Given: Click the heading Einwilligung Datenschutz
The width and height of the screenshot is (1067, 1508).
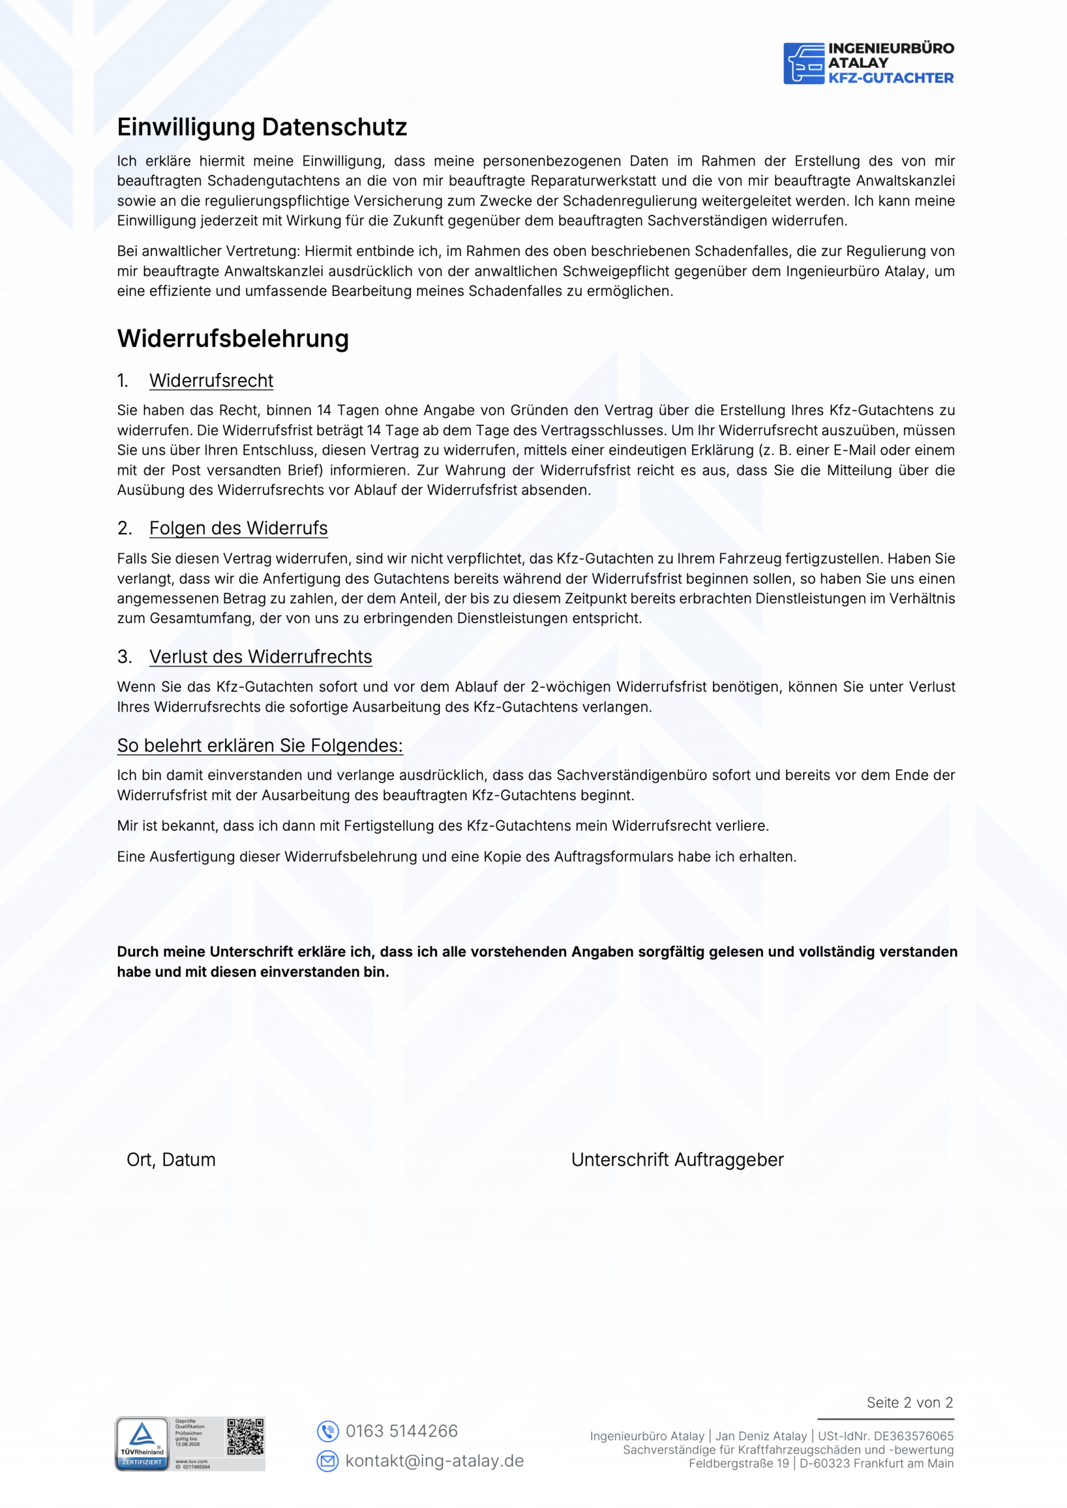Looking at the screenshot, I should coord(262,127).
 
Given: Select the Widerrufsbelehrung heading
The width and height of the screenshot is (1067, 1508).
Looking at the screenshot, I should coord(233,338).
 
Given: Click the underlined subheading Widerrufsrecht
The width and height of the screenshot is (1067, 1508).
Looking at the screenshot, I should coord(211,381).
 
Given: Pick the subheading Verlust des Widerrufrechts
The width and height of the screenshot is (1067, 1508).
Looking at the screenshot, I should coord(260,657).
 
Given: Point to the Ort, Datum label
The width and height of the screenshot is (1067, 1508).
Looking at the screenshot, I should coord(171,1160).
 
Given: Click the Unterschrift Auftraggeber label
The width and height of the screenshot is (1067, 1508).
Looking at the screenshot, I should coord(678,1160).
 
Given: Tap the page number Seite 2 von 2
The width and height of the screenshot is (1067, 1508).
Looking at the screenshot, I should coord(909,1403).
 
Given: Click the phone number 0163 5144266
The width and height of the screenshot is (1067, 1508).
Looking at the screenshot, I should coord(401,1431).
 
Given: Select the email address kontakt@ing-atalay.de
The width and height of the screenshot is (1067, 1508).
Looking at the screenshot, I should coord(434,1461).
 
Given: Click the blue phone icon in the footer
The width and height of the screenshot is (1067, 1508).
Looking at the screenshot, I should coord(327,1431).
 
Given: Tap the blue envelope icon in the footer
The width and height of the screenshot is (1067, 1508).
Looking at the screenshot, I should coord(327,1461).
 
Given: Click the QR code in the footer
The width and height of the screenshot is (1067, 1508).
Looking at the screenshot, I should coord(245,1437).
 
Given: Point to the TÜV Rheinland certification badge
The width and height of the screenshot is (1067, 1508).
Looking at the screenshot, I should coord(143,1444).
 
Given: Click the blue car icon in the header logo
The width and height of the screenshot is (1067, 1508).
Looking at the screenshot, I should coord(804,64).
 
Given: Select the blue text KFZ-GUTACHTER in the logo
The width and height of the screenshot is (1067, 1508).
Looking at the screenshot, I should coord(890,78).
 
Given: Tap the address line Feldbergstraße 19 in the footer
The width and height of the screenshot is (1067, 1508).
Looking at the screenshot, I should coord(738,1463).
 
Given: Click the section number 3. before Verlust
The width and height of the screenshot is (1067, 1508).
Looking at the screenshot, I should coord(124,657).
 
